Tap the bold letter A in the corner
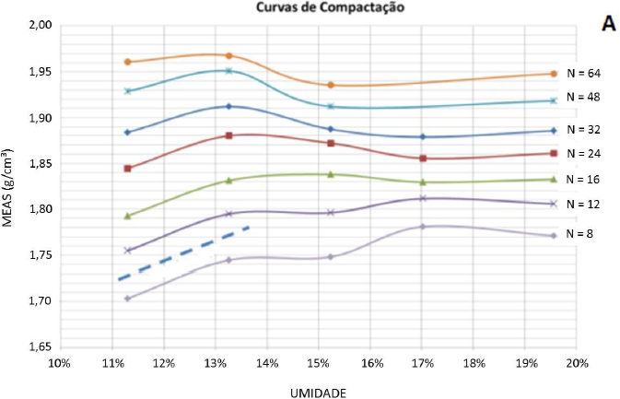click(608, 24)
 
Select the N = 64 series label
click(584, 71)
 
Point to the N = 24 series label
click(584, 153)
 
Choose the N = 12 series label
click(584, 203)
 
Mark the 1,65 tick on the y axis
click(37, 346)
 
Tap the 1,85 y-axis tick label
click(37, 164)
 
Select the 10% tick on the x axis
click(59, 363)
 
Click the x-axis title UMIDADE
click(318, 393)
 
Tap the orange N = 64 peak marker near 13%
click(228, 56)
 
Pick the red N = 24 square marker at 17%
click(422, 158)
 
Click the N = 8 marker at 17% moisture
click(422, 227)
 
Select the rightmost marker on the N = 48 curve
click(553, 100)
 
